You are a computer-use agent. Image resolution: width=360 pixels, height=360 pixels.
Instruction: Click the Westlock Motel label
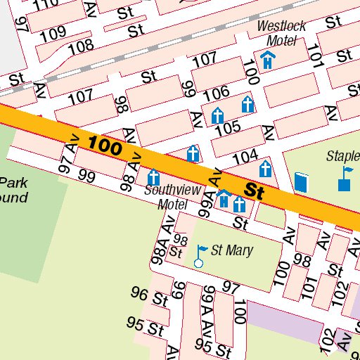281,32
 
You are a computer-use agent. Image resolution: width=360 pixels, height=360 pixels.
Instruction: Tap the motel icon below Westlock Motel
267,60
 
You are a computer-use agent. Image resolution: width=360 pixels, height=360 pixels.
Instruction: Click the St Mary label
232,250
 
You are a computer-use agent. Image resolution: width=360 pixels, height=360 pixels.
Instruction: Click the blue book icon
302,182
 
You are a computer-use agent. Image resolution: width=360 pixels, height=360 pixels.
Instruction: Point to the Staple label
342,155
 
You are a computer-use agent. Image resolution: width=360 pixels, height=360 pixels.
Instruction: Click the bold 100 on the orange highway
105,146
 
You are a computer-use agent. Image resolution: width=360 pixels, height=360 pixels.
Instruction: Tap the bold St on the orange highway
254,191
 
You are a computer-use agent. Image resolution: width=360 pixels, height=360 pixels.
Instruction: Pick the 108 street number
80,47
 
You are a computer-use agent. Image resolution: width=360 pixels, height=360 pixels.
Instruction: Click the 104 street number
245,157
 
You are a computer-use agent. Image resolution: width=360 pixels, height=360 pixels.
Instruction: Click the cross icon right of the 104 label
265,169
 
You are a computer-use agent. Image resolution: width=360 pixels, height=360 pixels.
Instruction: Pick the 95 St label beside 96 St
145,326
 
